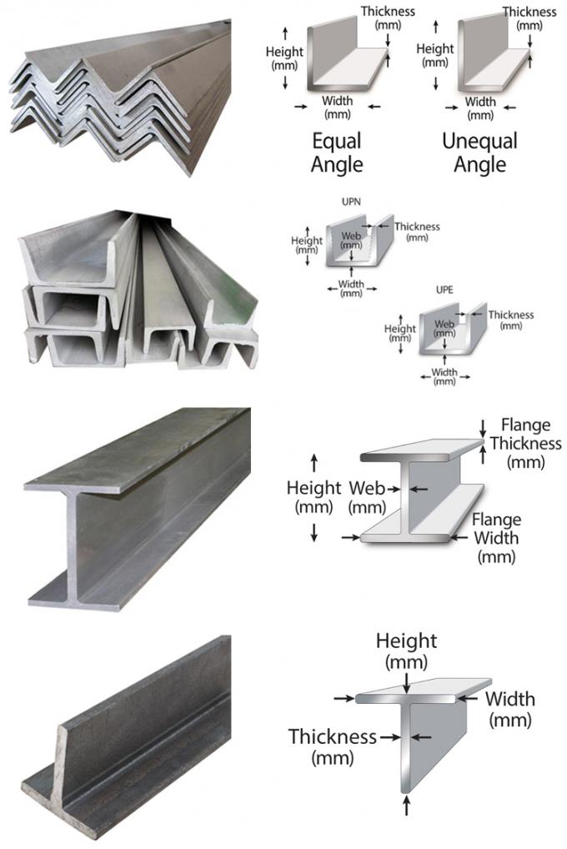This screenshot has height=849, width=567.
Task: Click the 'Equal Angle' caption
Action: (337, 152)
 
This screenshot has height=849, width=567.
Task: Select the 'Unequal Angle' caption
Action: (479, 152)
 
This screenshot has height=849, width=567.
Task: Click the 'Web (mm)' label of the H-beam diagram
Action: (368, 496)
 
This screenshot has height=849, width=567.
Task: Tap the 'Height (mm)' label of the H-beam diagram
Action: (314, 496)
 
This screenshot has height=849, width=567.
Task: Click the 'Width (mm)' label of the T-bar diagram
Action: (510, 708)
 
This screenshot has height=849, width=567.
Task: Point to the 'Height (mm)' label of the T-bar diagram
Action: (406, 651)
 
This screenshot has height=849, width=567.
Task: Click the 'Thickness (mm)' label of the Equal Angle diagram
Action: (388, 18)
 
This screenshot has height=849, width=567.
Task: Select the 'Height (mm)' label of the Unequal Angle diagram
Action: (434, 55)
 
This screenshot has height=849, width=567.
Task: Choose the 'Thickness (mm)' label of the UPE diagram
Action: (510, 320)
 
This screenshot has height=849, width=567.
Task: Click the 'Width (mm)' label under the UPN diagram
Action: (351, 288)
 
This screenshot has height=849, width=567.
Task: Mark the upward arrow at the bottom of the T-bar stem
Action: (406, 804)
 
